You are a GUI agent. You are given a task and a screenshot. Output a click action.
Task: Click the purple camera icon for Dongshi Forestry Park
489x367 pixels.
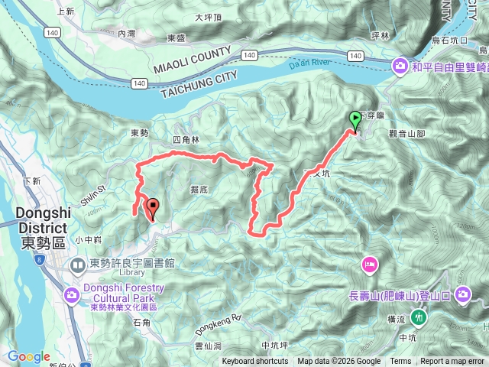(x=72, y=294)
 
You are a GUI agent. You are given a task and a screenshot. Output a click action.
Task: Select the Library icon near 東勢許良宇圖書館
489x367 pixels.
(x=79, y=265)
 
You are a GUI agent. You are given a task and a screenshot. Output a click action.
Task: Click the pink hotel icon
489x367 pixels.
(x=368, y=264)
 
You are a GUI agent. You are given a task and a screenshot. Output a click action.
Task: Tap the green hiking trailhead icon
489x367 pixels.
(x=418, y=317)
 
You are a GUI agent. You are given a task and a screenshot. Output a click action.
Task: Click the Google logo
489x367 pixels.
(x=28, y=356)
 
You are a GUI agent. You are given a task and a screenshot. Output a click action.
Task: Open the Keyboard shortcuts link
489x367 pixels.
(x=255, y=362)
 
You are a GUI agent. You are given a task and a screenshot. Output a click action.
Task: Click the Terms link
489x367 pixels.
(x=400, y=362)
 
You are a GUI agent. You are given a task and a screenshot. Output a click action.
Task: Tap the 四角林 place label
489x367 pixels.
(x=185, y=140)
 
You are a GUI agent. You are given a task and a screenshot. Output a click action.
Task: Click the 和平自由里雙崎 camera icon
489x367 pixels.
(x=399, y=67)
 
